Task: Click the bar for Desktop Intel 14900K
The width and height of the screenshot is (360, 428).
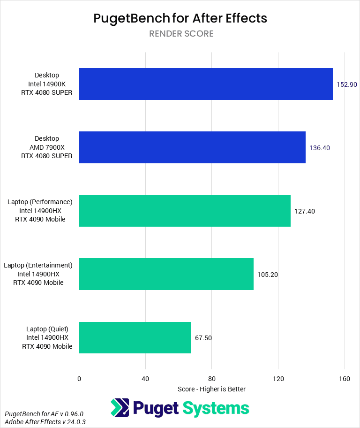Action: point(206,84)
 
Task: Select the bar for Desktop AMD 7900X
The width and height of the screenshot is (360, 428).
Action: point(192,147)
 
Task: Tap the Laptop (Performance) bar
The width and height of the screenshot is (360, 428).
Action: point(185,211)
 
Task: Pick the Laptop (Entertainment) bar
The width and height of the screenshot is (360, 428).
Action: point(166,274)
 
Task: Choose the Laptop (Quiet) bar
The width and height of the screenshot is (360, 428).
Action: point(135,337)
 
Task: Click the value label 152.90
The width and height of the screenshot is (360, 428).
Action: point(347,84)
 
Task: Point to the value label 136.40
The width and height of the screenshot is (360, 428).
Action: point(320,148)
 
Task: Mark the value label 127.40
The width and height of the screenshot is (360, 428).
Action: point(305,211)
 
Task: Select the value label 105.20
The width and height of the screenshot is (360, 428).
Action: point(268,275)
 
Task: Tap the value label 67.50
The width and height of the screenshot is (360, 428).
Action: point(203,338)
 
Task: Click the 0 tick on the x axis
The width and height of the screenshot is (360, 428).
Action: point(79,379)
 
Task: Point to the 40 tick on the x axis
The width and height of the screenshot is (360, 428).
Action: point(145,379)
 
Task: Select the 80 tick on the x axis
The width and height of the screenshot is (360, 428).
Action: point(212,379)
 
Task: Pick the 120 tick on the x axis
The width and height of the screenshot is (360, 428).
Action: point(278,379)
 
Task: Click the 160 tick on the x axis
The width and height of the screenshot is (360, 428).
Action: point(345,379)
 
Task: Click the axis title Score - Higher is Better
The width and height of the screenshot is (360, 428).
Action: point(212,389)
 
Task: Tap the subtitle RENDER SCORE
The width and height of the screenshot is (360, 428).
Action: point(181,34)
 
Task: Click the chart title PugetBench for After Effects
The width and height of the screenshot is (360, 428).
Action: point(180,18)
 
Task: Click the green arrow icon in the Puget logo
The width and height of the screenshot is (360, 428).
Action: point(120,408)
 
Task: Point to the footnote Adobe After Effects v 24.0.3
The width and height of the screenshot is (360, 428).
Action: point(45,422)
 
